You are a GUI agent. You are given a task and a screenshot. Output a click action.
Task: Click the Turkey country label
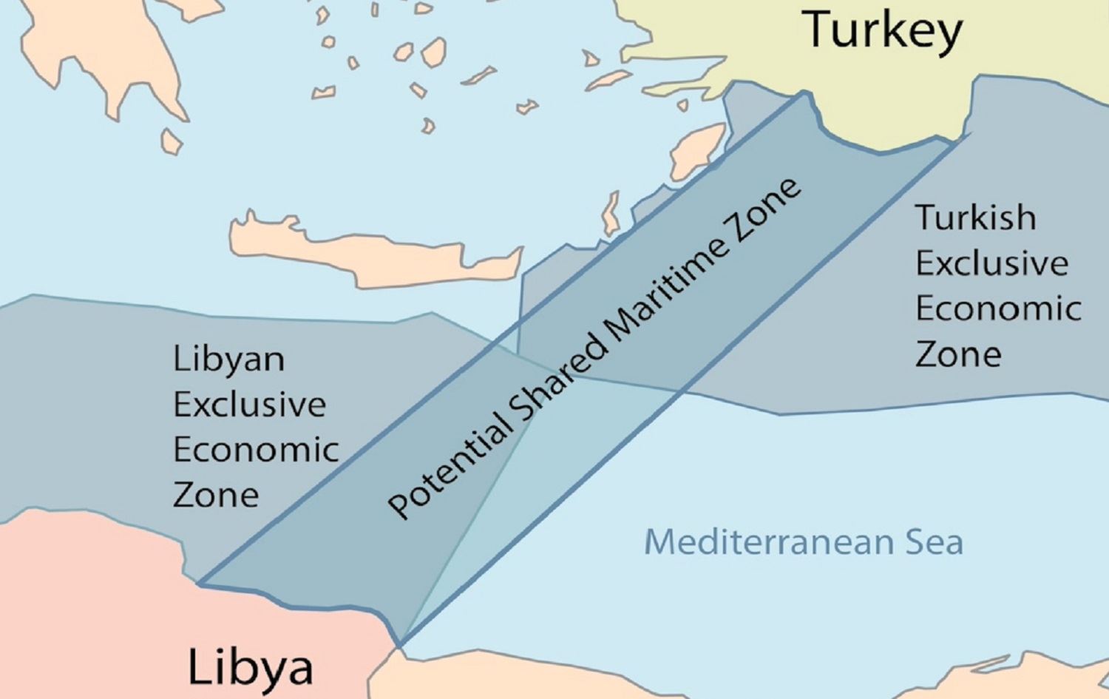(x=883, y=30)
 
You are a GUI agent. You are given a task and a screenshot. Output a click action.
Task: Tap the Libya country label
(x=250, y=666)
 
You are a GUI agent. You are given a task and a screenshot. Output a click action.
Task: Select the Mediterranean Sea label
(x=803, y=541)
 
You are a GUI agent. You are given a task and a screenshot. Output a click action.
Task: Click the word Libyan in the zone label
(x=228, y=360)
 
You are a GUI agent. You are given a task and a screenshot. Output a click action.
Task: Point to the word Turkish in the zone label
(x=975, y=217)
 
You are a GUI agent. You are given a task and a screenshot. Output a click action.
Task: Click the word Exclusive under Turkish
(x=991, y=263)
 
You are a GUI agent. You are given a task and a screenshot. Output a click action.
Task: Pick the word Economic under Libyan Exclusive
(x=256, y=450)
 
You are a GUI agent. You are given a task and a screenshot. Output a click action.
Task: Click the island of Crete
(x=370, y=251)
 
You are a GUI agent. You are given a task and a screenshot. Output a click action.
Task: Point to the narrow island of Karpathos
(x=611, y=215)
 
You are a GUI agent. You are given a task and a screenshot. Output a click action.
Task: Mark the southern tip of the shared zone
(x=400, y=645)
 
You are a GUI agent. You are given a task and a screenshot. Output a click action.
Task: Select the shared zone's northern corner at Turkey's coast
(x=804, y=93)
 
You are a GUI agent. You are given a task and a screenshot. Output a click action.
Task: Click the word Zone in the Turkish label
(x=958, y=354)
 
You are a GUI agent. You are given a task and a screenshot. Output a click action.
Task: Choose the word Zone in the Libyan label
(x=216, y=495)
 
